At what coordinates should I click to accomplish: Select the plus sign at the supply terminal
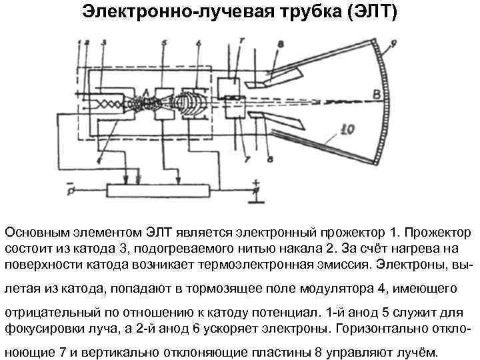254,181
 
